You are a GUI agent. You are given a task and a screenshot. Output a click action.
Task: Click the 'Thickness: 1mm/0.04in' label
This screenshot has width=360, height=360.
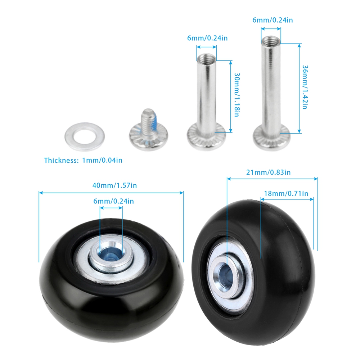83,160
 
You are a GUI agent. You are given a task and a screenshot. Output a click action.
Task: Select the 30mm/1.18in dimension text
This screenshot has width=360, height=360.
237,95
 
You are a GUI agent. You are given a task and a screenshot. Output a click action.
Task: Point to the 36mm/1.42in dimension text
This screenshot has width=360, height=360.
305,87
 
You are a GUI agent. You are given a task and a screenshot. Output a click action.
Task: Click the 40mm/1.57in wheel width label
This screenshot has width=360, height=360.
114,185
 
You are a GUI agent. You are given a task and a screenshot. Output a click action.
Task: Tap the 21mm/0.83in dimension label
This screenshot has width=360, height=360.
269,172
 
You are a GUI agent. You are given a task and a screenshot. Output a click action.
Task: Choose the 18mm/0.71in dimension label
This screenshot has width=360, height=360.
286,194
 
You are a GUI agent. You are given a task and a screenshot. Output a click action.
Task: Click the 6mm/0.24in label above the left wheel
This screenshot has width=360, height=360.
113,201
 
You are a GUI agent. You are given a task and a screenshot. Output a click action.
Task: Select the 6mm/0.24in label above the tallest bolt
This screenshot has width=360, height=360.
273,20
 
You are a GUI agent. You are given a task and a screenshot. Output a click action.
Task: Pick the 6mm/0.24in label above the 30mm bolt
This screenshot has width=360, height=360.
207,38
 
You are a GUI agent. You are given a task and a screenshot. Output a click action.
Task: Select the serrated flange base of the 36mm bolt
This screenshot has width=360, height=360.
271,138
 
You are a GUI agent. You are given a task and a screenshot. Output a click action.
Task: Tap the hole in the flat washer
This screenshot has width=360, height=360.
85,136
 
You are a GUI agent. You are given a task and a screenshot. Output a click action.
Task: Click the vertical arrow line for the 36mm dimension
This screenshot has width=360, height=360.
299,88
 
